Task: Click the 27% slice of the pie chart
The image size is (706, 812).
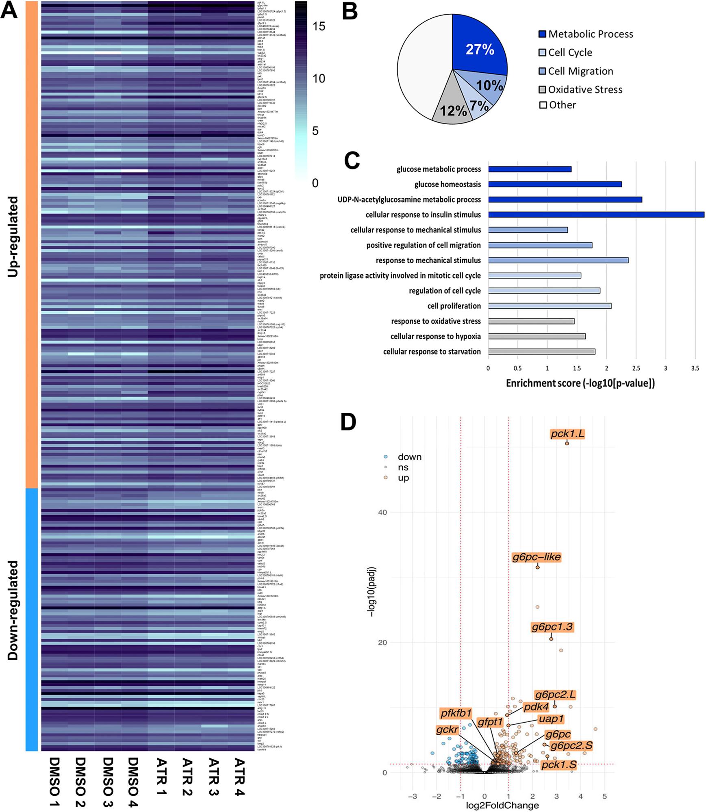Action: click(x=480, y=49)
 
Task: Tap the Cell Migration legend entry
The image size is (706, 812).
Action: click(x=580, y=71)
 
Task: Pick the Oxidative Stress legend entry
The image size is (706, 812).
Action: click(x=584, y=89)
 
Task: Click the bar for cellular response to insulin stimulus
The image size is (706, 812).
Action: click(x=596, y=214)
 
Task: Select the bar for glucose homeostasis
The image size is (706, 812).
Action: click(x=555, y=184)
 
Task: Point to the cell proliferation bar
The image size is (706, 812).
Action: click(x=550, y=306)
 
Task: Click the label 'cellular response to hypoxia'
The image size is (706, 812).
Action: click(x=435, y=336)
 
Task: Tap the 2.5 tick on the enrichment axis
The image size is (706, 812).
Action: click(x=636, y=368)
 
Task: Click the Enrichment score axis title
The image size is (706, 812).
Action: click(x=580, y=383)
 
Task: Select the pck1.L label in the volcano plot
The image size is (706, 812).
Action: click(x=567, y=434)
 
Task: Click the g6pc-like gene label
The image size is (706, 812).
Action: click(x=537, y=557)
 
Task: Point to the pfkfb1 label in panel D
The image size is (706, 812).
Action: click(x=456, y=713)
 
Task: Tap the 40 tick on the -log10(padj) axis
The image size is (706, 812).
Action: click(x=382, y=513)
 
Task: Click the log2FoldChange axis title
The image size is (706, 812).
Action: click(x=502, y=806)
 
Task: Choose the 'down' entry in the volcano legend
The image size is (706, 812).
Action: click(x=409, y=457)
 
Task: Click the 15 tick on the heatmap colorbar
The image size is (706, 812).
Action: click(x=319, y=26)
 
